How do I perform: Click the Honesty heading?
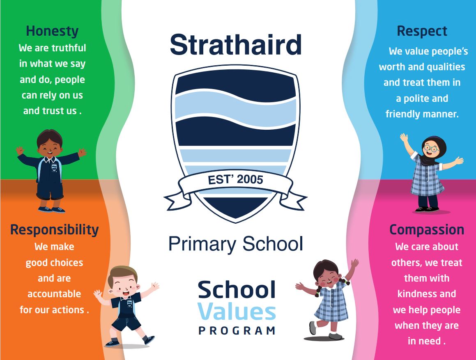[x=52, y=31]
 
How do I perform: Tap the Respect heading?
[x=422, y=31]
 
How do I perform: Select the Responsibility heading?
[x=54, y=230]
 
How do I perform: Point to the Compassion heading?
[x=427, y=230]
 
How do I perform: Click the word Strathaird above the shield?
[x=236, y=45]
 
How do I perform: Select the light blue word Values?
[x=237, y=312]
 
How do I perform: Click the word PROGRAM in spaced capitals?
[x=237, y=330]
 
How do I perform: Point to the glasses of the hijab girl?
[x=431, y=149]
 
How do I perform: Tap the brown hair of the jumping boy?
[x=122, y=272]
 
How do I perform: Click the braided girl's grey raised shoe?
[x=313, y=328]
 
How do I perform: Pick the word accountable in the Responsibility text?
[x=54, y=294]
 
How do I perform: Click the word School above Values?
[x=237, y=289]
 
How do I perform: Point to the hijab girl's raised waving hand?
[x=404, y=138]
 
